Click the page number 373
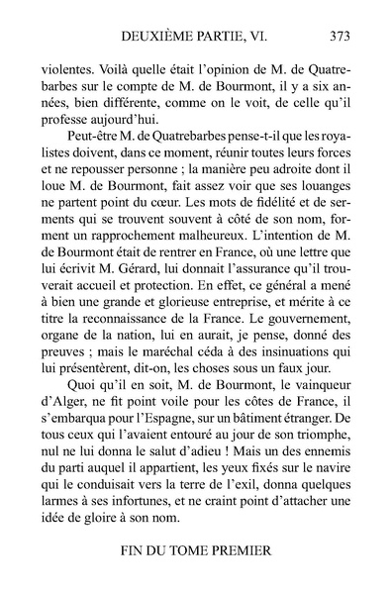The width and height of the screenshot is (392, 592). (x=340, y=36)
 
